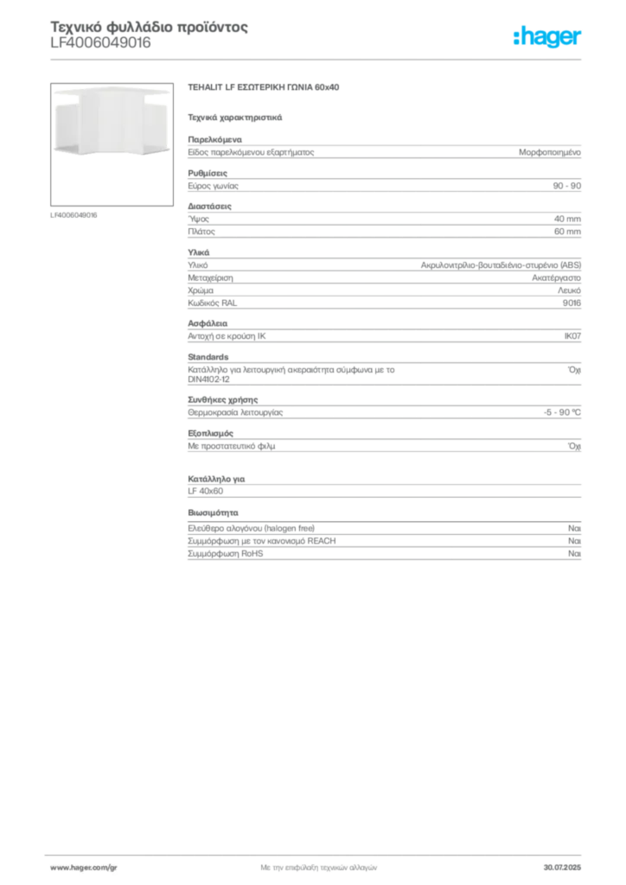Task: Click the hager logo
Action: (547, 37)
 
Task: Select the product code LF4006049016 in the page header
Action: (100, 43)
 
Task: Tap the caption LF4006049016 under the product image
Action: (73, 215)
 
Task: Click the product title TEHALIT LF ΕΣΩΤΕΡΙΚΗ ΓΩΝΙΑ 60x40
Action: (264, 87)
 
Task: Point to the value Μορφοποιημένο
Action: (550, 152)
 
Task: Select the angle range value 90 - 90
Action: (566, 186)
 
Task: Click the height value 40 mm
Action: (567, 219)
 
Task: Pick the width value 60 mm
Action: (567, 232)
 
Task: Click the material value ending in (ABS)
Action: (501, 265)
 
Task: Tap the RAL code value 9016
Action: (572, 303)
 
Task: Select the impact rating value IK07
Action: (572, 336)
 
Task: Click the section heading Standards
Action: (208, 357)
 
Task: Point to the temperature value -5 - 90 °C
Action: (562, 412)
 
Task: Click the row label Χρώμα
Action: (201, 290)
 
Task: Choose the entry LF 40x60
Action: (206, 491)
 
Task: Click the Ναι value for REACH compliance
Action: (575, 541)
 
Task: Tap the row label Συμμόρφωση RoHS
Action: (225, 554)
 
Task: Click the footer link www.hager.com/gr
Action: (84, 868)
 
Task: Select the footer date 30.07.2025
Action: (562, 868)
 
